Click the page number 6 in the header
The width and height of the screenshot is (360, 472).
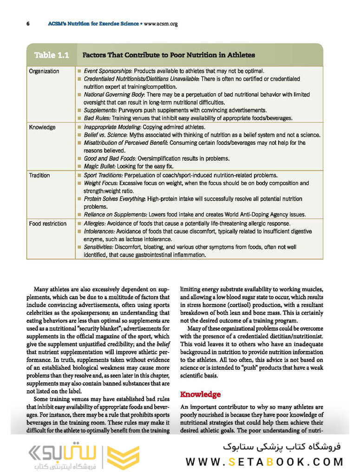click(28, 24)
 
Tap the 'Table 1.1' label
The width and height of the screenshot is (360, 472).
click(52, 55)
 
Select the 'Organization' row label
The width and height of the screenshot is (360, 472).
click(44, 71)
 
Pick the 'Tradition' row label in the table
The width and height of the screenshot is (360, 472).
click(39, 176)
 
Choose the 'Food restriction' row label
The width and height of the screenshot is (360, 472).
click(47, 223)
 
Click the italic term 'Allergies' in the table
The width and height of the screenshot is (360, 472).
click(94, 223)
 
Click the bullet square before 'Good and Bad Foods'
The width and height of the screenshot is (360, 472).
click(79, 158)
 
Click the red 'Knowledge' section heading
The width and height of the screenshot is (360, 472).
click(200, 394)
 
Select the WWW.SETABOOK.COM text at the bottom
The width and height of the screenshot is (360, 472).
click(264, 462)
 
